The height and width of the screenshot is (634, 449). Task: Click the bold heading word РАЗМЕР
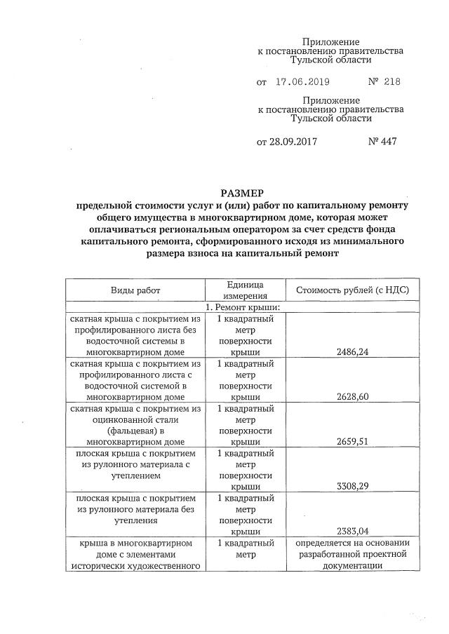pyautogui.click(x=242, y=193)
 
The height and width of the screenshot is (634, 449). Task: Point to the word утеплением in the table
pyautogui.click(x=135, y=475)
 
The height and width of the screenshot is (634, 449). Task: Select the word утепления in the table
pyautogui.click(x=135, y=520)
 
